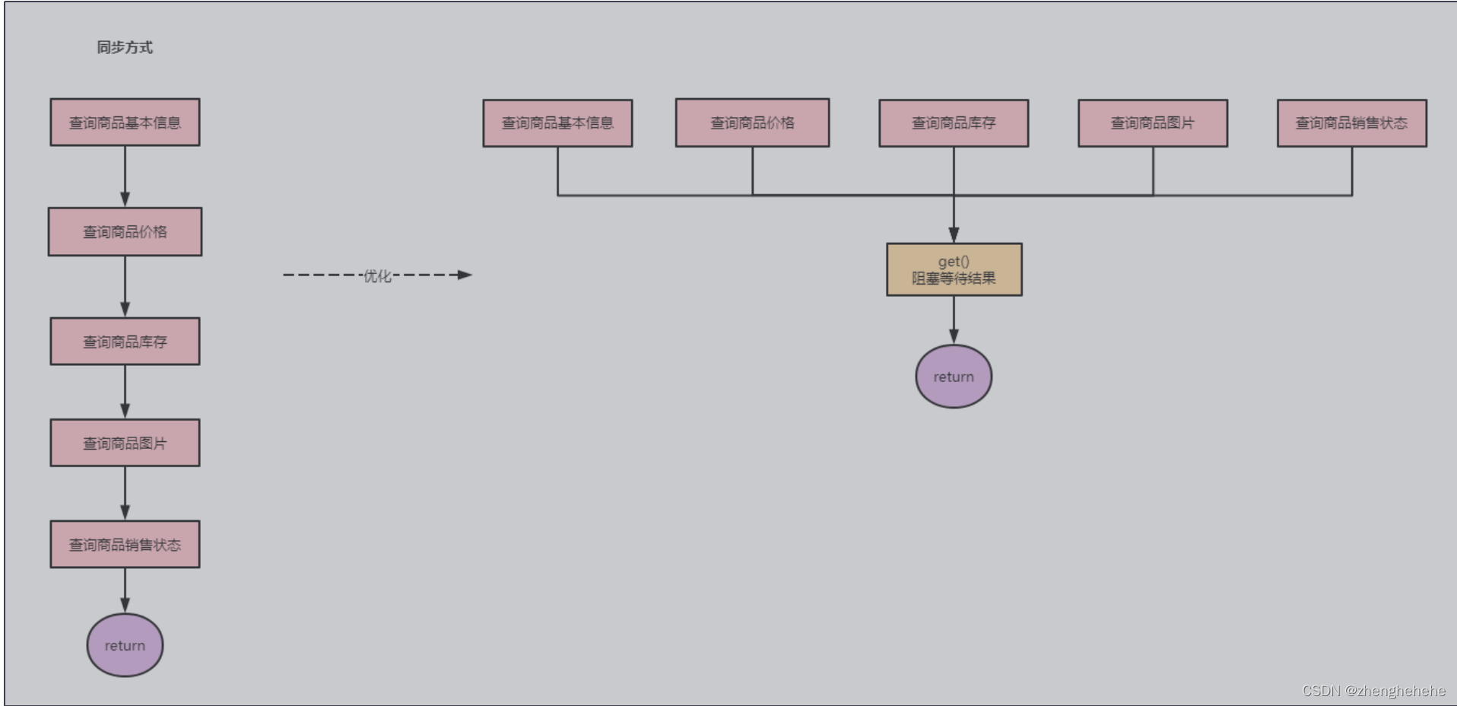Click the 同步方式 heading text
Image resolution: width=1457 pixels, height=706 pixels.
[x=125, y=47]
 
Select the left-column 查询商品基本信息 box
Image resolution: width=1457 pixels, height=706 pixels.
[x=125, y=122]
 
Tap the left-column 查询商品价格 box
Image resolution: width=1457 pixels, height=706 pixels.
[x=125, y=232]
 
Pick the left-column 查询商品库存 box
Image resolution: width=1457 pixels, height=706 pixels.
[x=125, y=342]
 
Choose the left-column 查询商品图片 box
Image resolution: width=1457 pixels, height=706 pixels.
[x=125, y=443]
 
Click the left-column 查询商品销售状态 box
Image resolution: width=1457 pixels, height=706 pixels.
[x=125, y=545]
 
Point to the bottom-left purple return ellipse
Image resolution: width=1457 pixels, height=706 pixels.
[x=125, y=645]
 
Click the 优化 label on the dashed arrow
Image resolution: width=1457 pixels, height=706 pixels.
[x=377, y=275]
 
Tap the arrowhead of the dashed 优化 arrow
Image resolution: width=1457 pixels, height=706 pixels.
[x=465, y=275]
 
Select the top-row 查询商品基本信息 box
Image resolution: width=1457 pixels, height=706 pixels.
[x=557, y=123]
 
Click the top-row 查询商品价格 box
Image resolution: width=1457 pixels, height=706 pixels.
[x=752, y=123]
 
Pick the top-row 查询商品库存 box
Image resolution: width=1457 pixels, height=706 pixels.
[x=954, y=123]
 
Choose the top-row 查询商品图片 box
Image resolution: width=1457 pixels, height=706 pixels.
[x=1153, y=123]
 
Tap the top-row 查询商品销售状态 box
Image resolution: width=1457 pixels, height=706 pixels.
[x=1351, y=123]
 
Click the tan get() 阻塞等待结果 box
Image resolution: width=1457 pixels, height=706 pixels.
[x=954, y=270]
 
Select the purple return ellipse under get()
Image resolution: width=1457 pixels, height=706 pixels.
[x=954, y=377]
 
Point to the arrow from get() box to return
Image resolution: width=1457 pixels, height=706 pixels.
[x=954, y=320]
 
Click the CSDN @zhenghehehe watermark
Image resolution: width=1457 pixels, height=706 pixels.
[x=1373, y=691]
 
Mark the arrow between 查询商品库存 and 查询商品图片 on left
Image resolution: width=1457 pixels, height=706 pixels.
[x=125, y=392]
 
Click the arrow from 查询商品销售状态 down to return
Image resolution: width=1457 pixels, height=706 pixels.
[x=125, y=590]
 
